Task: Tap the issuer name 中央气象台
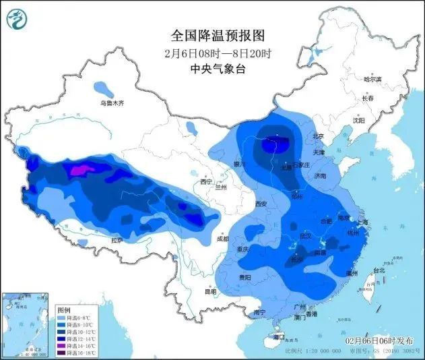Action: tap(215, 68)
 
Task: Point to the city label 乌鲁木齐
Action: tap(112, 103)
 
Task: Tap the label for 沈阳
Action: tap(358, 120)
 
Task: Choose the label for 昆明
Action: tap(210, 291)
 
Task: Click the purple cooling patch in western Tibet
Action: tap(80, 170)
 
